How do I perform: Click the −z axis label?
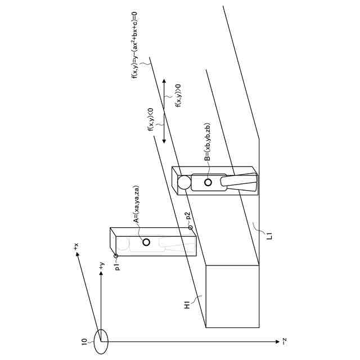click(x=285, y=341)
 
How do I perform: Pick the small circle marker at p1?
click(x=116, y=255)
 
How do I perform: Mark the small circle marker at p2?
click(x=190, y=227)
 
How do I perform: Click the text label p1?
click(x=117, y=267)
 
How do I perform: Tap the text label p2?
click(x=188, y=216)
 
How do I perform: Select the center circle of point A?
click(x=146, y=242)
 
